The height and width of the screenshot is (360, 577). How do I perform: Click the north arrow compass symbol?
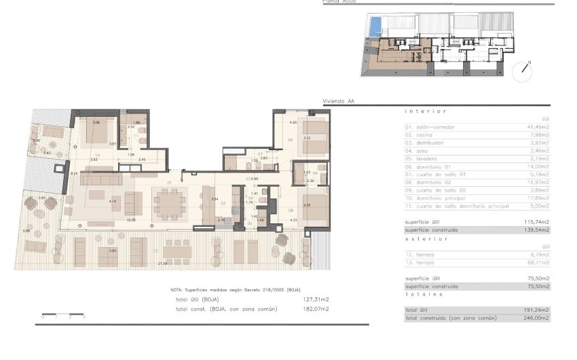523,68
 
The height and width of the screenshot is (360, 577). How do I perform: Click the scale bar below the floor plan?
62,316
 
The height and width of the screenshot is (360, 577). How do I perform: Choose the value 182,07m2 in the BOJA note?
316,308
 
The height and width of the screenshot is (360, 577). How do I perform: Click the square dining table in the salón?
169,202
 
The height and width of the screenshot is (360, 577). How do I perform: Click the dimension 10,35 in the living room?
130,220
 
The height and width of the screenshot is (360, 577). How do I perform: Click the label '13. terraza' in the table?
420,262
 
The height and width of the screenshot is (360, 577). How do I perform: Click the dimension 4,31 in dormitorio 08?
294,220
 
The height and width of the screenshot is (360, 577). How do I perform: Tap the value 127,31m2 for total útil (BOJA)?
316,299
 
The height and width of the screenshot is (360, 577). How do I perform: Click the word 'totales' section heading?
422,293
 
